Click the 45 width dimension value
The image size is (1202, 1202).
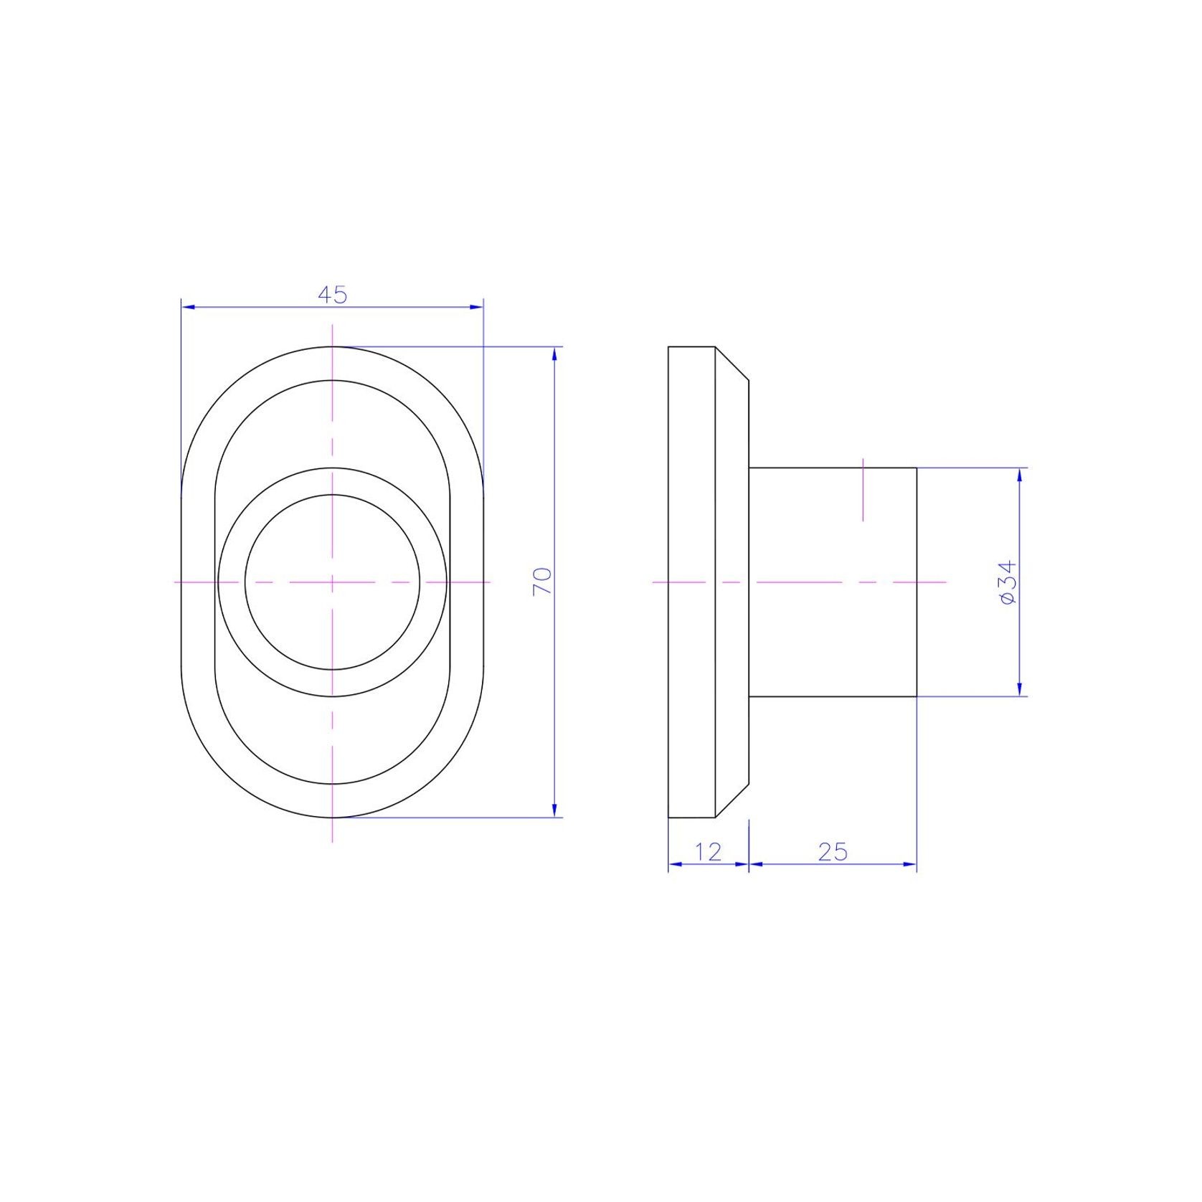[332, 295]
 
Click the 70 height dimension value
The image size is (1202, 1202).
[542, 581]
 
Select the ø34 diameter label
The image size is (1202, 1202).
[1008, 582]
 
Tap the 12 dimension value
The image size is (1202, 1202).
[708, 851]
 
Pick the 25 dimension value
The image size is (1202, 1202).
[832, 851]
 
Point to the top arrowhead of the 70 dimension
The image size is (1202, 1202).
[555, 354]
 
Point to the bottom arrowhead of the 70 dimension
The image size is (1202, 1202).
[555, 810]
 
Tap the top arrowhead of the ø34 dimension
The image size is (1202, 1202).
[1020, 475]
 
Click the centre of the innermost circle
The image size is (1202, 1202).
[332, 582]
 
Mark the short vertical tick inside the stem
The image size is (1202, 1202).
[863, 490]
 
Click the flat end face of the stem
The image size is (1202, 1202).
[917, 582]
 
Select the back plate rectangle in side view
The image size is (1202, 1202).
[692, 582]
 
